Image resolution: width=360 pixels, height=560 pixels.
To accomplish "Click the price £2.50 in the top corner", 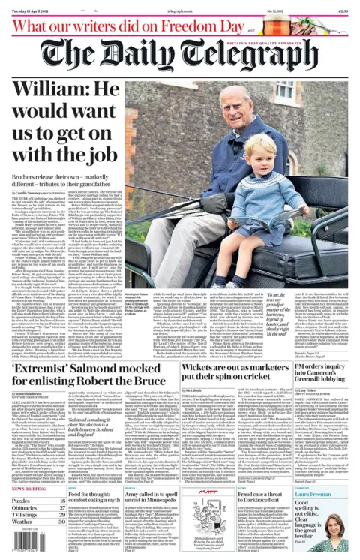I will pos(342,11).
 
